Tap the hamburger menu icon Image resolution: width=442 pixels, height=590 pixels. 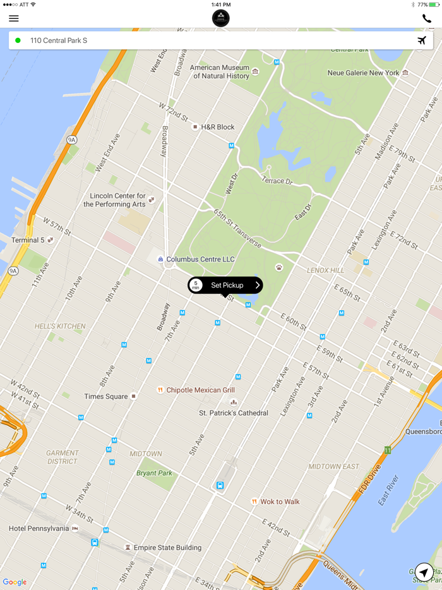[x=14, y=18]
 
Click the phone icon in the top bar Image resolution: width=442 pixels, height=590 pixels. [x=427, y=18]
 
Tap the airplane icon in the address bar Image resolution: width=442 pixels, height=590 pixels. [x=422, y=40]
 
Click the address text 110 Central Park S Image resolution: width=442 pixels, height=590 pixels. [x=59, y=40]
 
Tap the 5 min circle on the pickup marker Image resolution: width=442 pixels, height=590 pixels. [x=196, y=286]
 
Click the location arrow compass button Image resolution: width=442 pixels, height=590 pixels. [x=424, y=572]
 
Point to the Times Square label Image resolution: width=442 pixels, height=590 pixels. [x=106, y=397]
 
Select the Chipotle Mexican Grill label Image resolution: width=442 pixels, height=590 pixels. [x=200, y=390]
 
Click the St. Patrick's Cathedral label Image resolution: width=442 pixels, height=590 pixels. [x=234, y=413]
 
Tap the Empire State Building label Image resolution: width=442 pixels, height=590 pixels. [x=167, y=548]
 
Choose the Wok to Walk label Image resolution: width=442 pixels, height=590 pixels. [x=280, y=502]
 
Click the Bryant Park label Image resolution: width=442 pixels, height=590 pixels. [x=154, y=473]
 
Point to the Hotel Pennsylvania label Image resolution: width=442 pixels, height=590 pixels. [x=39, y=528]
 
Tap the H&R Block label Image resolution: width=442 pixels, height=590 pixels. [x=217, y=127]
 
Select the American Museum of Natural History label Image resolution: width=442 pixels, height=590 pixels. [x=220, y=72]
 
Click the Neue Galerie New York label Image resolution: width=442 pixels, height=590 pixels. [x=364, y=73]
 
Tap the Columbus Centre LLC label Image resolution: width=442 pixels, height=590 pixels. [x=200, y=260]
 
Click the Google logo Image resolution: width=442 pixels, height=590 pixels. [x=15, y=582]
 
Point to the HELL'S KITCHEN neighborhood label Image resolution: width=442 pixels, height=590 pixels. [x=60, y=327]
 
